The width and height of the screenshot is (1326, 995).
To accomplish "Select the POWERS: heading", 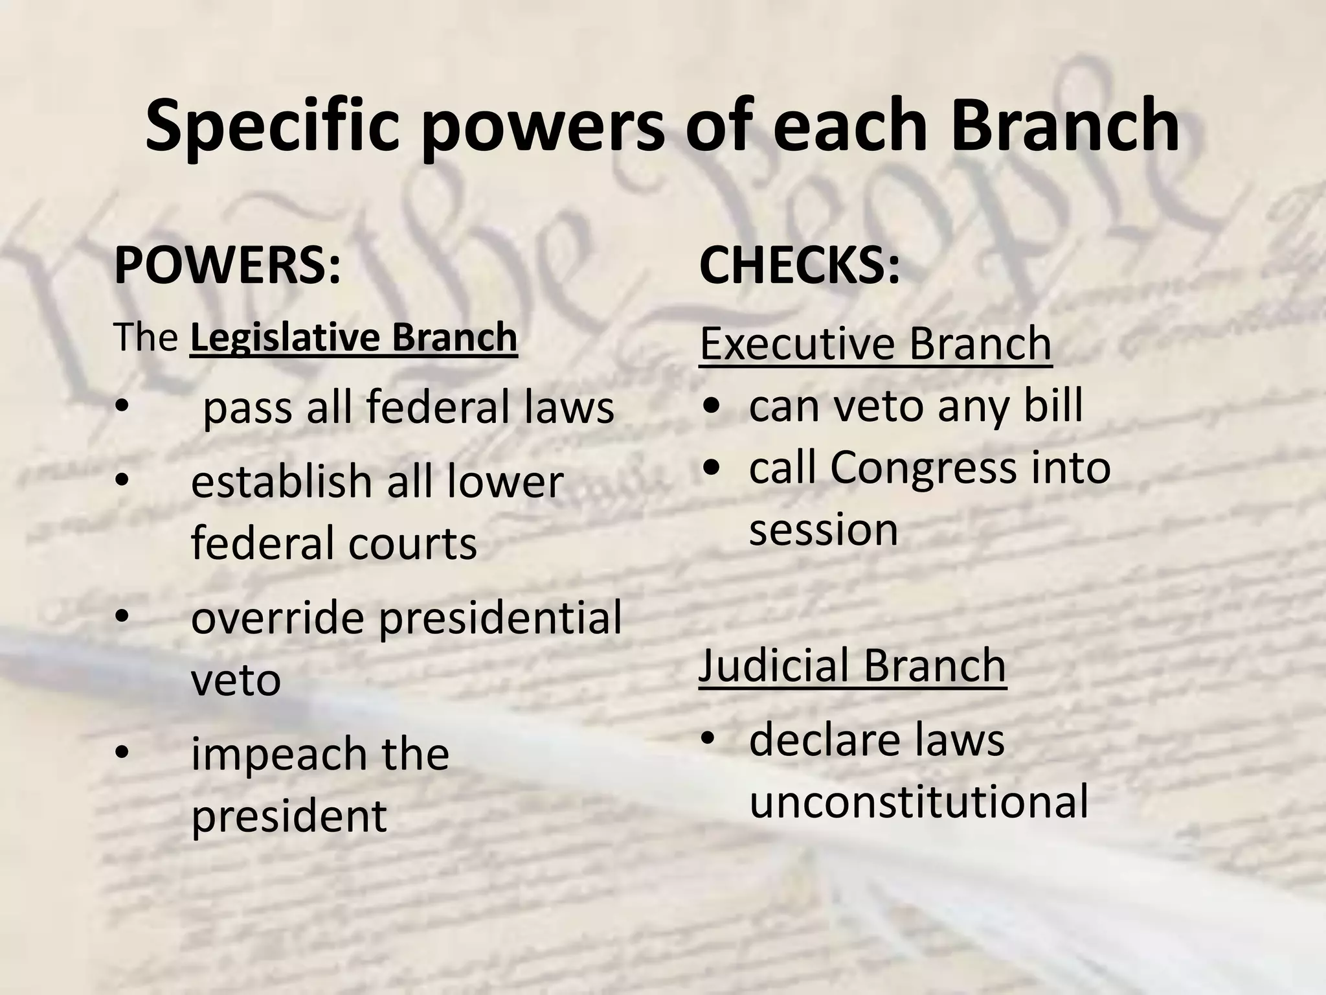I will click(227, 266).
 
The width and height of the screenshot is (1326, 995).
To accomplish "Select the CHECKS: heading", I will click(799, 266).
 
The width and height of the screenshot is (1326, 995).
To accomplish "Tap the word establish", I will click(281, 482).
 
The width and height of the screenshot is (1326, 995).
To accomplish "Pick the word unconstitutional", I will click(919, 802).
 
